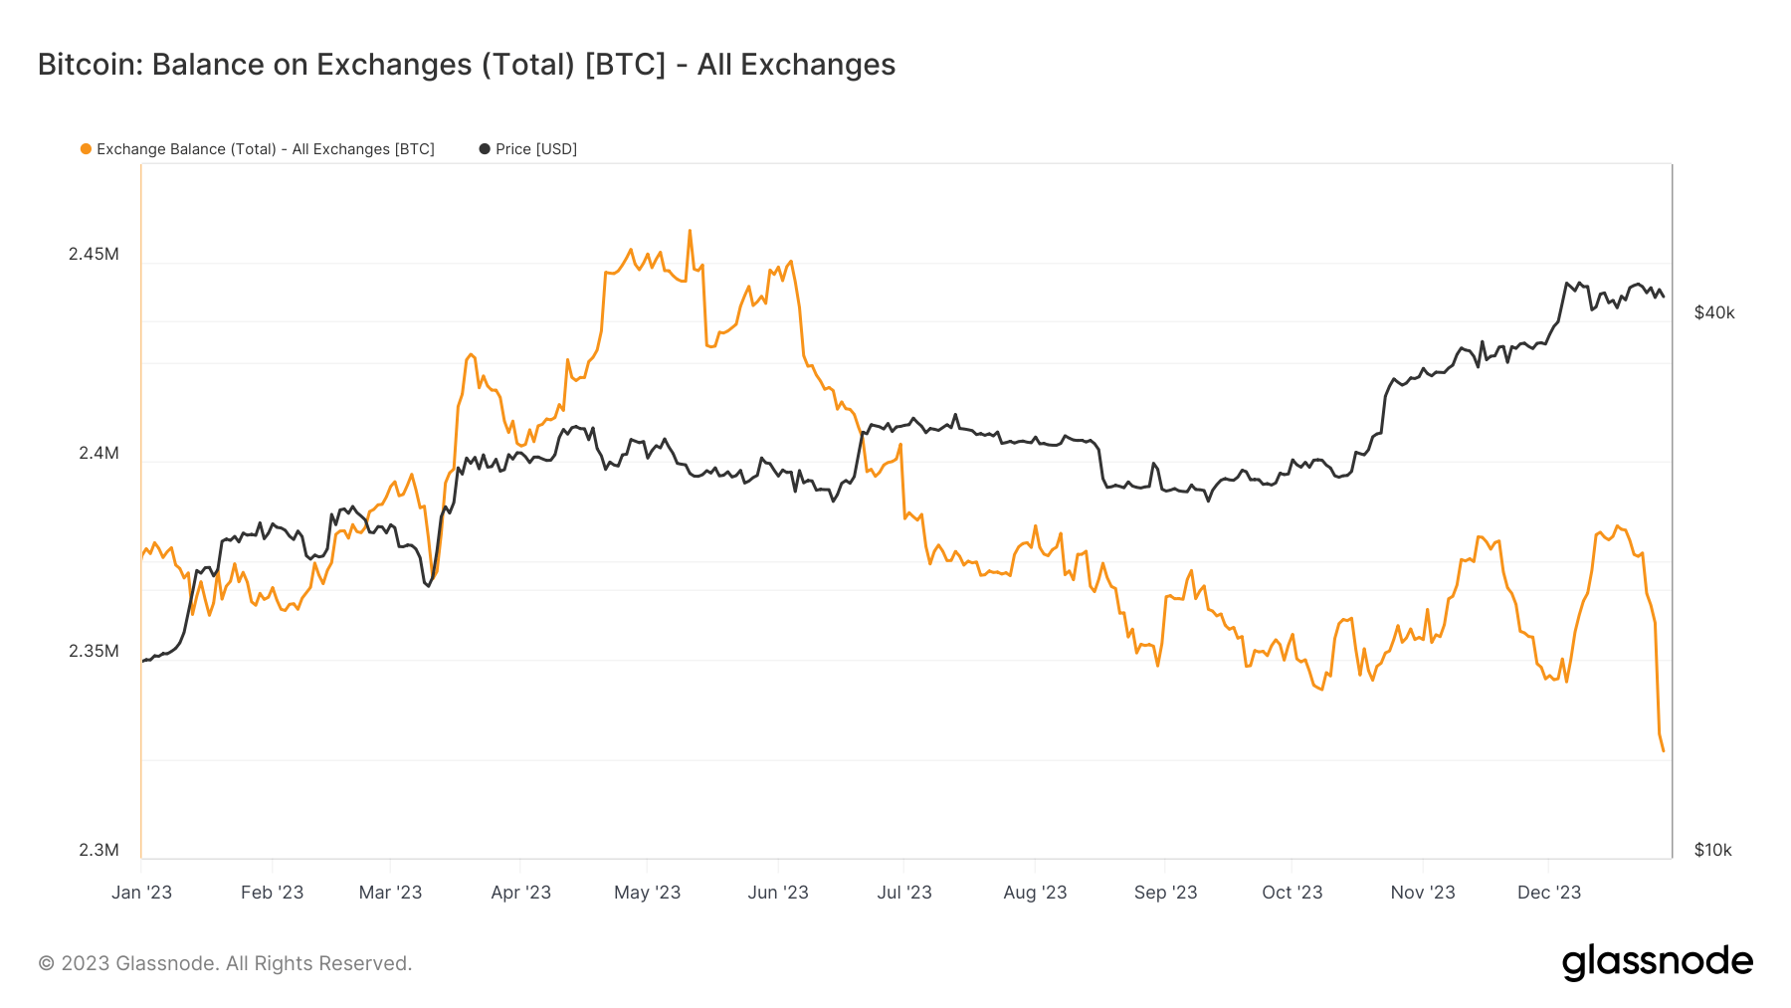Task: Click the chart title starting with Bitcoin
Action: coord(466,65)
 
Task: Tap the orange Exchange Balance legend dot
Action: coord(87,149)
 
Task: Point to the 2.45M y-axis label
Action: coord(94,254)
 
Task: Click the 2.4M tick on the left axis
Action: coord(99,453)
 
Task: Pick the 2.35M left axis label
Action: coord(94,651)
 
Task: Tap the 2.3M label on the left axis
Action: coord(99,850)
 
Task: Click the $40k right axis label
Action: coord(1713,312)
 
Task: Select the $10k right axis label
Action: coord(1712,850)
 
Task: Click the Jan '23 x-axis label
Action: coord(141,893)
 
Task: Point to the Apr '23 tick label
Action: coord(520,893)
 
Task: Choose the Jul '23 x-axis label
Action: coord(903,893)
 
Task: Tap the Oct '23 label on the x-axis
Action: coord(1292,893)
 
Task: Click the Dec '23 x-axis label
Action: coord(1548,893)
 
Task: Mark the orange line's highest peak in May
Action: coord(690,231)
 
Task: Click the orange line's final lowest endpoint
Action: coord(1663,751)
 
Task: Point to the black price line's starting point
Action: coord(143,661)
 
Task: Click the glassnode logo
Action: coord(1657,962)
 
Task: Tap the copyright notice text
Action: coord(225,963)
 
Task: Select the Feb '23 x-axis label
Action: coord(272,893)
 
